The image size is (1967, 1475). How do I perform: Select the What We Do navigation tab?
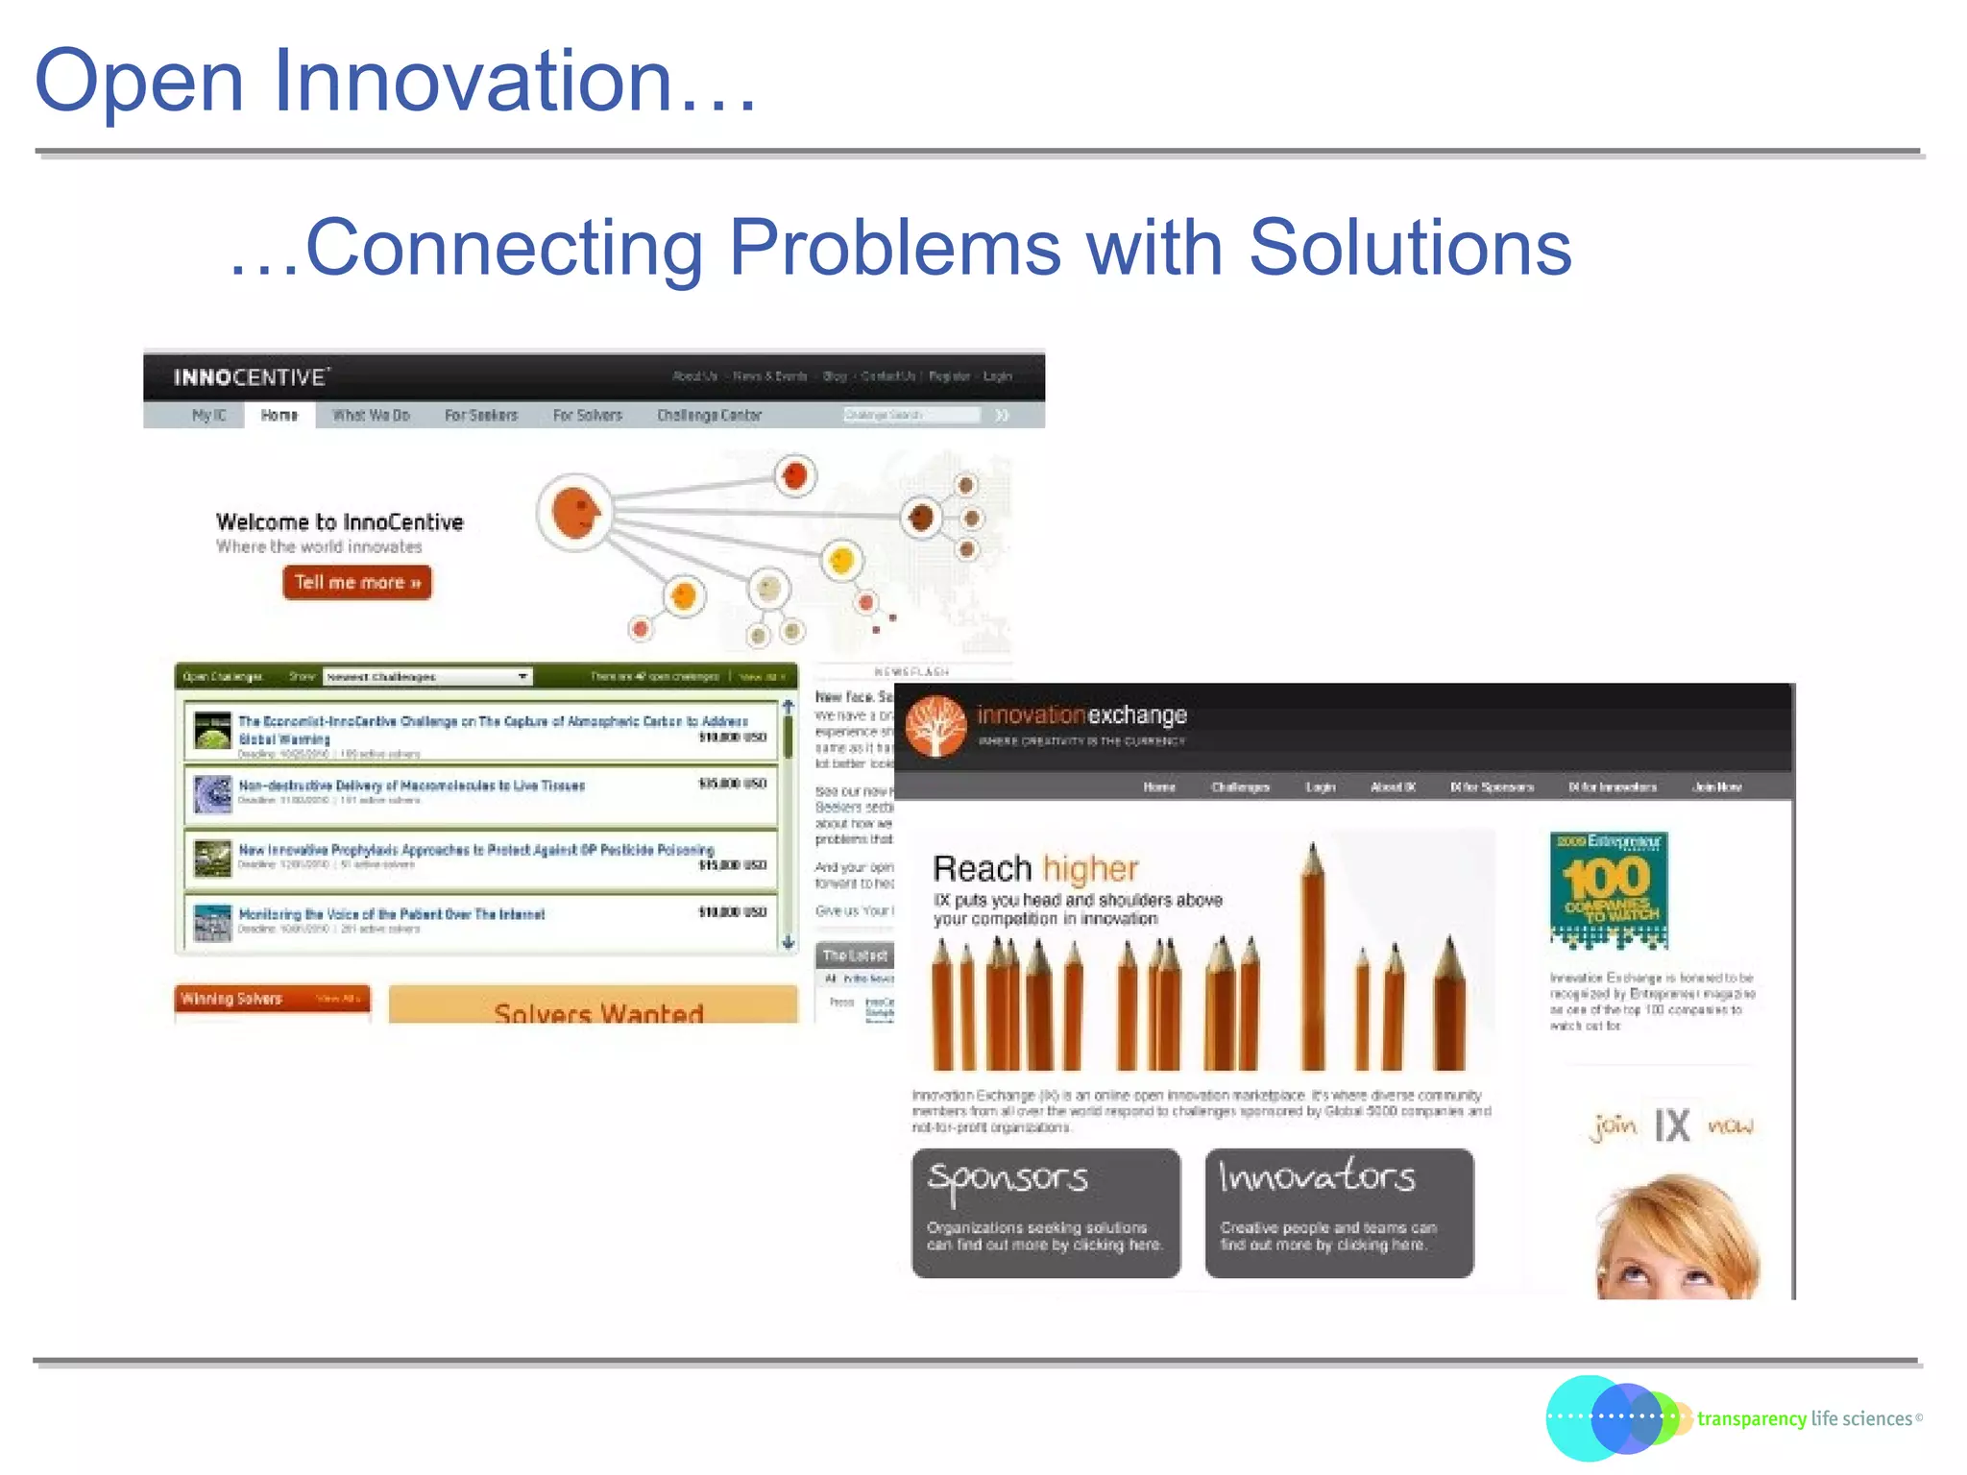[371, 415]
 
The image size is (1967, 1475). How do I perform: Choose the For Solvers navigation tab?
[587, 415]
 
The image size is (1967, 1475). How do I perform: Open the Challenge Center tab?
[709, 415]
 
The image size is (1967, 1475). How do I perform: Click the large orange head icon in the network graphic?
[575, 511]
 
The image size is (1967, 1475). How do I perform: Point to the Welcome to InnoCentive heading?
[339, 522]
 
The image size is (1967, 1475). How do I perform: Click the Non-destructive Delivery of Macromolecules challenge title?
[411, 786]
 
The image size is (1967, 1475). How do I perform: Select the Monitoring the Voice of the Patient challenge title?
[391, 914]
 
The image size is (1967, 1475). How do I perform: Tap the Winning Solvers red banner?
[272, 999]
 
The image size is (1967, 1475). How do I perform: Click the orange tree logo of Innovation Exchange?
[935, 726]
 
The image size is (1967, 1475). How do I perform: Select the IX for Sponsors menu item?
[1492, 786]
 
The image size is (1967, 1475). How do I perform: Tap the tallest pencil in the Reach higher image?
[1313, 960]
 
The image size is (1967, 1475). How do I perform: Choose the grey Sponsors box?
[1045, 1212]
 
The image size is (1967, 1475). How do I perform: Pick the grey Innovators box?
[1339, 1212]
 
